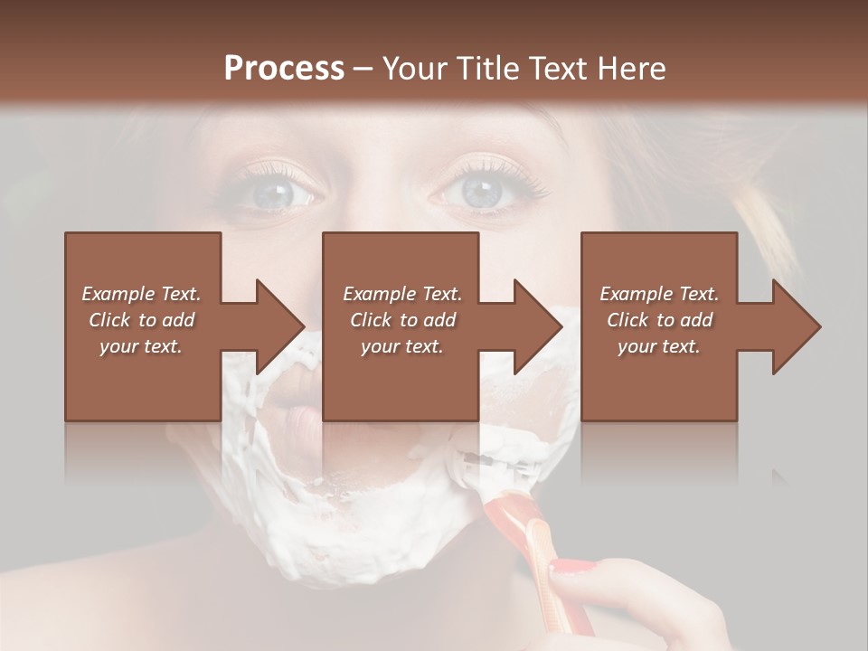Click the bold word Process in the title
pyautogui.click(x=284, y=68)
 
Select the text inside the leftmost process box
pyautogui.click(x=142, y=319)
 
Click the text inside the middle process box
pyautogui.click(x=402, y=319)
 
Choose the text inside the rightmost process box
pyautogui.click(x=659, y=319)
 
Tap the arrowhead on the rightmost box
pyautogui.click(x=796, y=326)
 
